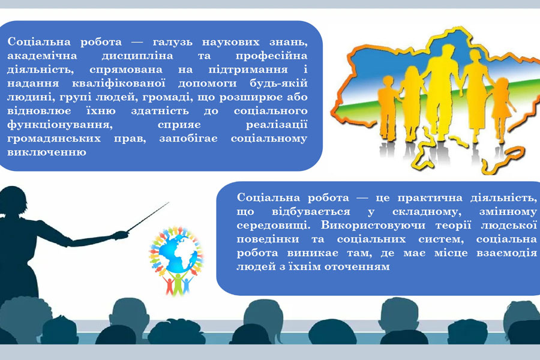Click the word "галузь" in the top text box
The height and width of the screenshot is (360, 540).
click(172, 43)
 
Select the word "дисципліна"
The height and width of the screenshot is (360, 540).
click(137, 56)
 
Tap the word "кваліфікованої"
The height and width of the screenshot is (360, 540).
click(119, 84)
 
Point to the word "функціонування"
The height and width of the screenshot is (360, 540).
click(60, 125)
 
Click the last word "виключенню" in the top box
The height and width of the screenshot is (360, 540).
click(46, 152)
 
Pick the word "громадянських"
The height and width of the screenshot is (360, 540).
click(54, 139)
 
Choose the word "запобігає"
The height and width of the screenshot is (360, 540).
click(188, 139)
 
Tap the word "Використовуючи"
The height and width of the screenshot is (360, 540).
click(373, 226)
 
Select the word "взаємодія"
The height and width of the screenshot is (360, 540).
click(506, 253)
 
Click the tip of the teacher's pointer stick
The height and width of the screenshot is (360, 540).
click(169, 203)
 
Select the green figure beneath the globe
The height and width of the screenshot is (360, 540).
click(178, 283)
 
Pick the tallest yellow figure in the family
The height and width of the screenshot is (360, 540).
click(442, 93)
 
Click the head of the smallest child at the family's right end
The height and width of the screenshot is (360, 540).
click(502, 85)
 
